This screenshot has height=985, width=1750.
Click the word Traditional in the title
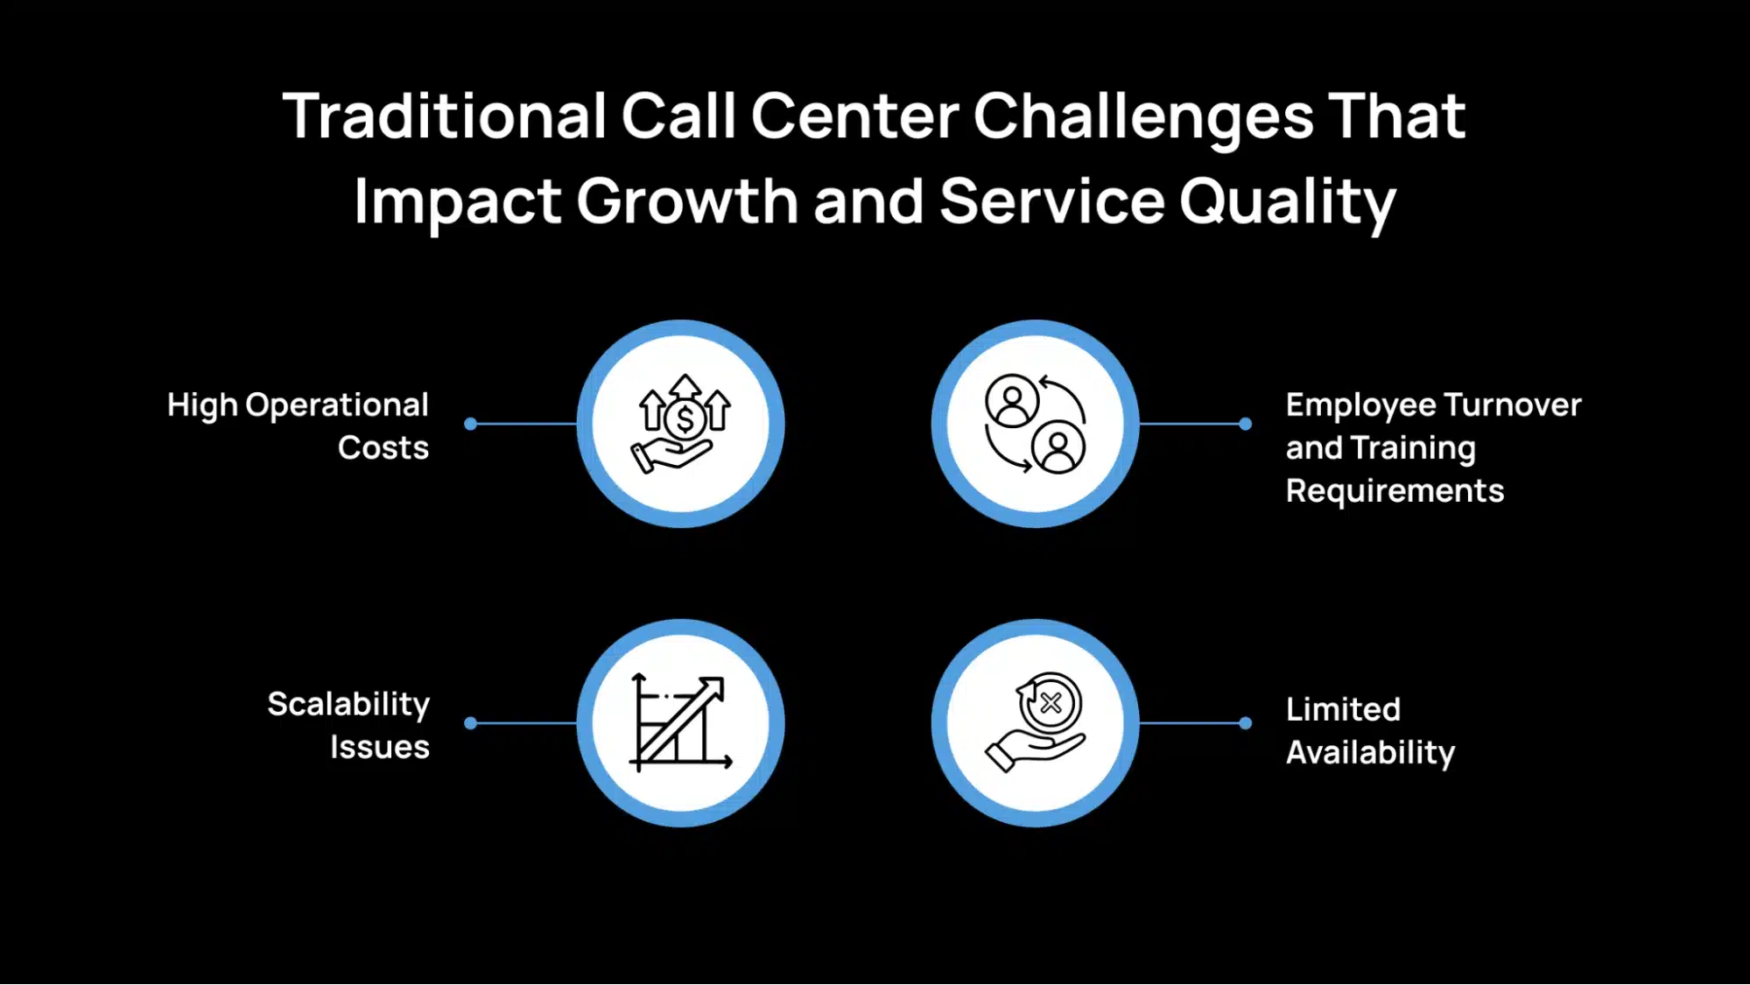[x=444, y=116]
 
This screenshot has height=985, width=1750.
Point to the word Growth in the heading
[x=686, y=202]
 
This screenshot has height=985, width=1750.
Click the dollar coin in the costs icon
[x=685, y=419]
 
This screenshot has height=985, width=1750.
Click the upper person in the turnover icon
[x=1012, y=401]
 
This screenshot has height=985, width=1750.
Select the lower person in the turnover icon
[x=1058, y=447]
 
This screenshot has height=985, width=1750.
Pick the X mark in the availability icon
[x=1051, y=702]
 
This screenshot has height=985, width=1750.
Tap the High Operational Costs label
[x=298, y=426]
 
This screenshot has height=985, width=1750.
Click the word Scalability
[x=348, y=704]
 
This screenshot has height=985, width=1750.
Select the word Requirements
[x=1395, y=491]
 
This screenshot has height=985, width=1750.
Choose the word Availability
[x=1370, y=753]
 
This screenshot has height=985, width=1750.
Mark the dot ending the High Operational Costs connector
[x=471, y=424]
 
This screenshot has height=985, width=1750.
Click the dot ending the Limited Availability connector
[x=1245, y=723]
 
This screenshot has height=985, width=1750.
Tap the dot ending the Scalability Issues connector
[x=471, y=723]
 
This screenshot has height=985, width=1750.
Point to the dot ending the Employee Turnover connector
[x=1245, y=424]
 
